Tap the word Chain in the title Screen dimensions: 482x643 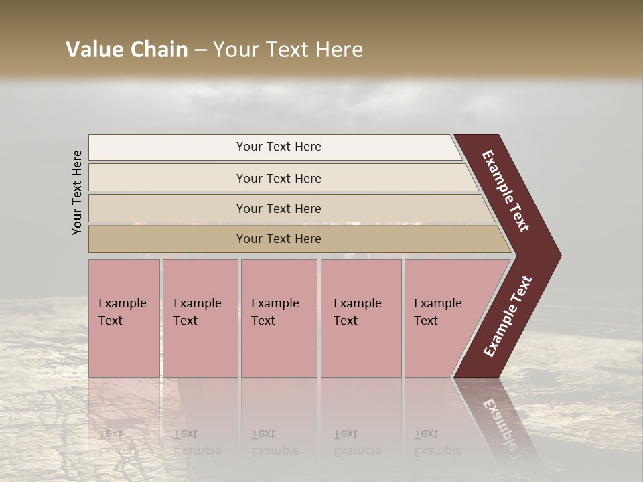[x=160, y=50]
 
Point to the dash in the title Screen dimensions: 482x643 [x=200, y=50]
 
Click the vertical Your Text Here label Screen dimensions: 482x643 [x=77, y=192]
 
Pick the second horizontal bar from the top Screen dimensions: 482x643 [x=278, y=178]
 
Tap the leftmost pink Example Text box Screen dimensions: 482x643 [x=124, y=318]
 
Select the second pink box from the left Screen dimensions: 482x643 [x=200, y=318]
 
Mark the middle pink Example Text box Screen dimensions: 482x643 [x=279, y=318]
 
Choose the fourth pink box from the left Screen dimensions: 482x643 [x=361, y=318]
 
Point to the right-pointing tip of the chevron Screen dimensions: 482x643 [x=557, y=256]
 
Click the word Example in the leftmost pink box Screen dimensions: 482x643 [x=122, y=303]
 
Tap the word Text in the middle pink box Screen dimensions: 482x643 [x=263, y=321]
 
